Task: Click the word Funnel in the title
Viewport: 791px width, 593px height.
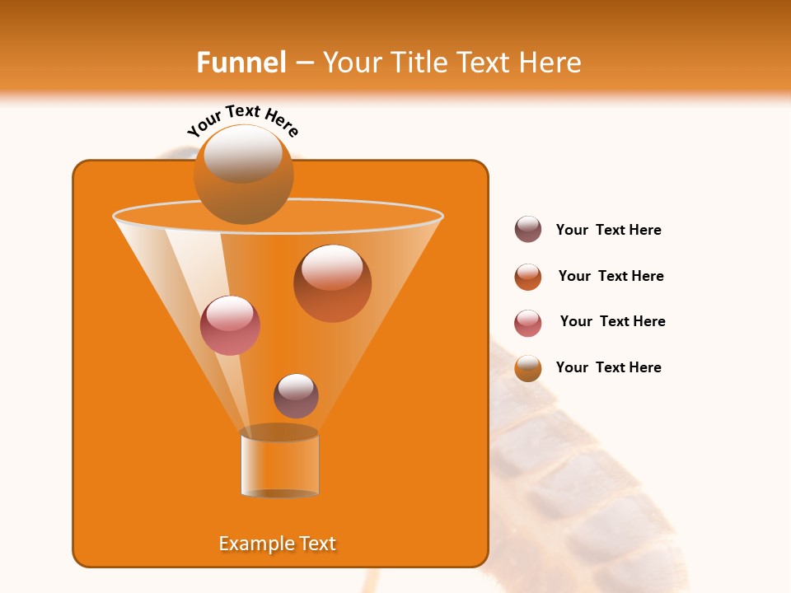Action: tap(241, 63)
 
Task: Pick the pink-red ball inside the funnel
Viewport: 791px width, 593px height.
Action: tap(230, 325)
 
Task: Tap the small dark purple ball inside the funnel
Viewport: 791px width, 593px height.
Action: tap(296, 396)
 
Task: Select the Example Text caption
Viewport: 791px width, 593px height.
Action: tap(278, 544)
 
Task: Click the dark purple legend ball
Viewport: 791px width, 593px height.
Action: tap(528, 230)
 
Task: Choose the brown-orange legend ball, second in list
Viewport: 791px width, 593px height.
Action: tap(528, 277)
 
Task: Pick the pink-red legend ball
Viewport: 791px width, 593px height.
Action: tap(528, 323)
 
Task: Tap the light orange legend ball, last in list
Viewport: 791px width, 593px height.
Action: tap(528, 368)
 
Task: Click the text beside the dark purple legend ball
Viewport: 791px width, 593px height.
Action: tap(608, 231)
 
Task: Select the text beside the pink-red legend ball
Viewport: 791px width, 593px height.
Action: tap(612, 321)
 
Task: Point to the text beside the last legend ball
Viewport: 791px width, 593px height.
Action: tap(608, 367)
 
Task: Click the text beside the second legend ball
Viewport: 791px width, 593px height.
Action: tap(611, 276)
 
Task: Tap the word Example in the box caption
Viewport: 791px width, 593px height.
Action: tap(255, 544)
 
